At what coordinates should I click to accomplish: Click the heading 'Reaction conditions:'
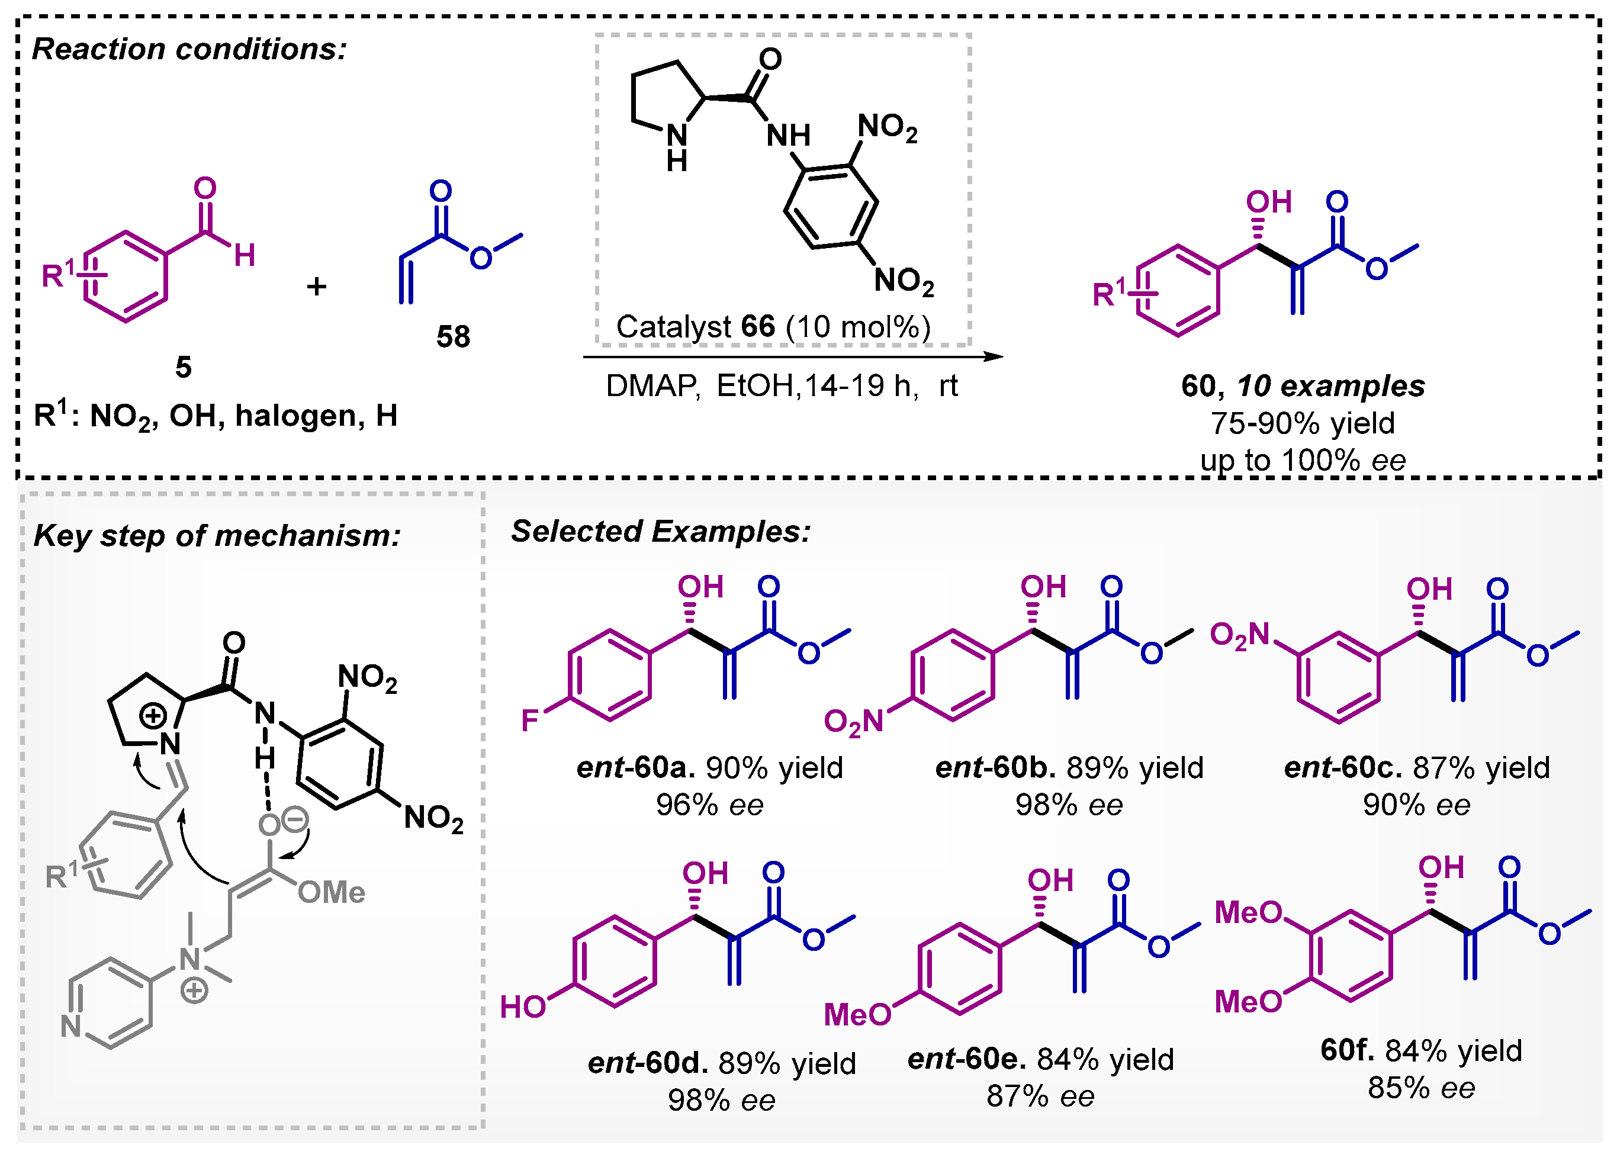(189, 49)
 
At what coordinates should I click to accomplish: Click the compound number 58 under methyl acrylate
(454, 336)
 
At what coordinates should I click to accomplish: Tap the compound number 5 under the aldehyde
(183, 367)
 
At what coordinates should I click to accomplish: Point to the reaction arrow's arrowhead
(994, 356)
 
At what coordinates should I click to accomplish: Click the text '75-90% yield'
(1303, 423)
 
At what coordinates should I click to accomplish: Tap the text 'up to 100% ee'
(1303, 460)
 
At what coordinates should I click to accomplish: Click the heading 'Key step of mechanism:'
(217, 535)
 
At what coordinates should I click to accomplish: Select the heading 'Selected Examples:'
(661, 531)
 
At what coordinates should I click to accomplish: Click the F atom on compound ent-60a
(530, 721)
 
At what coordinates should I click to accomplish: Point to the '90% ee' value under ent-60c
(1417, 805)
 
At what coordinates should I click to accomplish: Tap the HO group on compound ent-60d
(523, 1007)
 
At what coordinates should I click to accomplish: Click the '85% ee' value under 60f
(1421, 1088)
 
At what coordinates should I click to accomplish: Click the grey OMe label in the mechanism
(332, 892)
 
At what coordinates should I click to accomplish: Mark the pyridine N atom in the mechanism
(70, 1027)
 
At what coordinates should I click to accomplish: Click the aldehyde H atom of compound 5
(245, 255)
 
